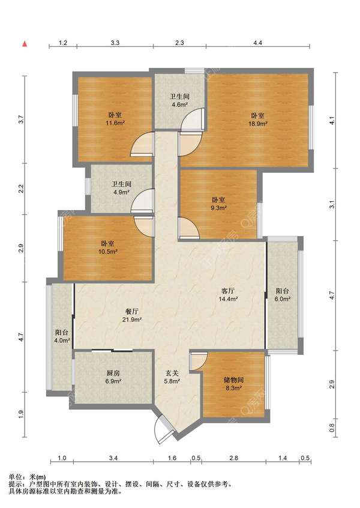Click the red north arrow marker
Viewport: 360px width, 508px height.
point(24,44)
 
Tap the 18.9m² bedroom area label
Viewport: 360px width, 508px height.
point(257,119)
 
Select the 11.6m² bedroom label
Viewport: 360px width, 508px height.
point(115,119)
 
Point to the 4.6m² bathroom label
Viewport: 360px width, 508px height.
point(179,100)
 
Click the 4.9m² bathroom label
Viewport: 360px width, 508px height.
point(121,188)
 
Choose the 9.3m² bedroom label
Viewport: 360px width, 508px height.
point(218,204)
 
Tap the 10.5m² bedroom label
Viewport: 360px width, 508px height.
point(107,247)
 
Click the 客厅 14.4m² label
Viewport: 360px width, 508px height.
point(228,295)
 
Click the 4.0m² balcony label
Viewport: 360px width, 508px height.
point(62,336)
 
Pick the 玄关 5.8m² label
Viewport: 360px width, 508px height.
point(172,377)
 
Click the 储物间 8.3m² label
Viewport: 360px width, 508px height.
point(233,383)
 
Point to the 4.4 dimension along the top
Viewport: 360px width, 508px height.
point(257,43)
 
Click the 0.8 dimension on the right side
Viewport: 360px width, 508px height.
point(331,428)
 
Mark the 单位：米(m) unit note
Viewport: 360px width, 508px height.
point(27,477)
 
